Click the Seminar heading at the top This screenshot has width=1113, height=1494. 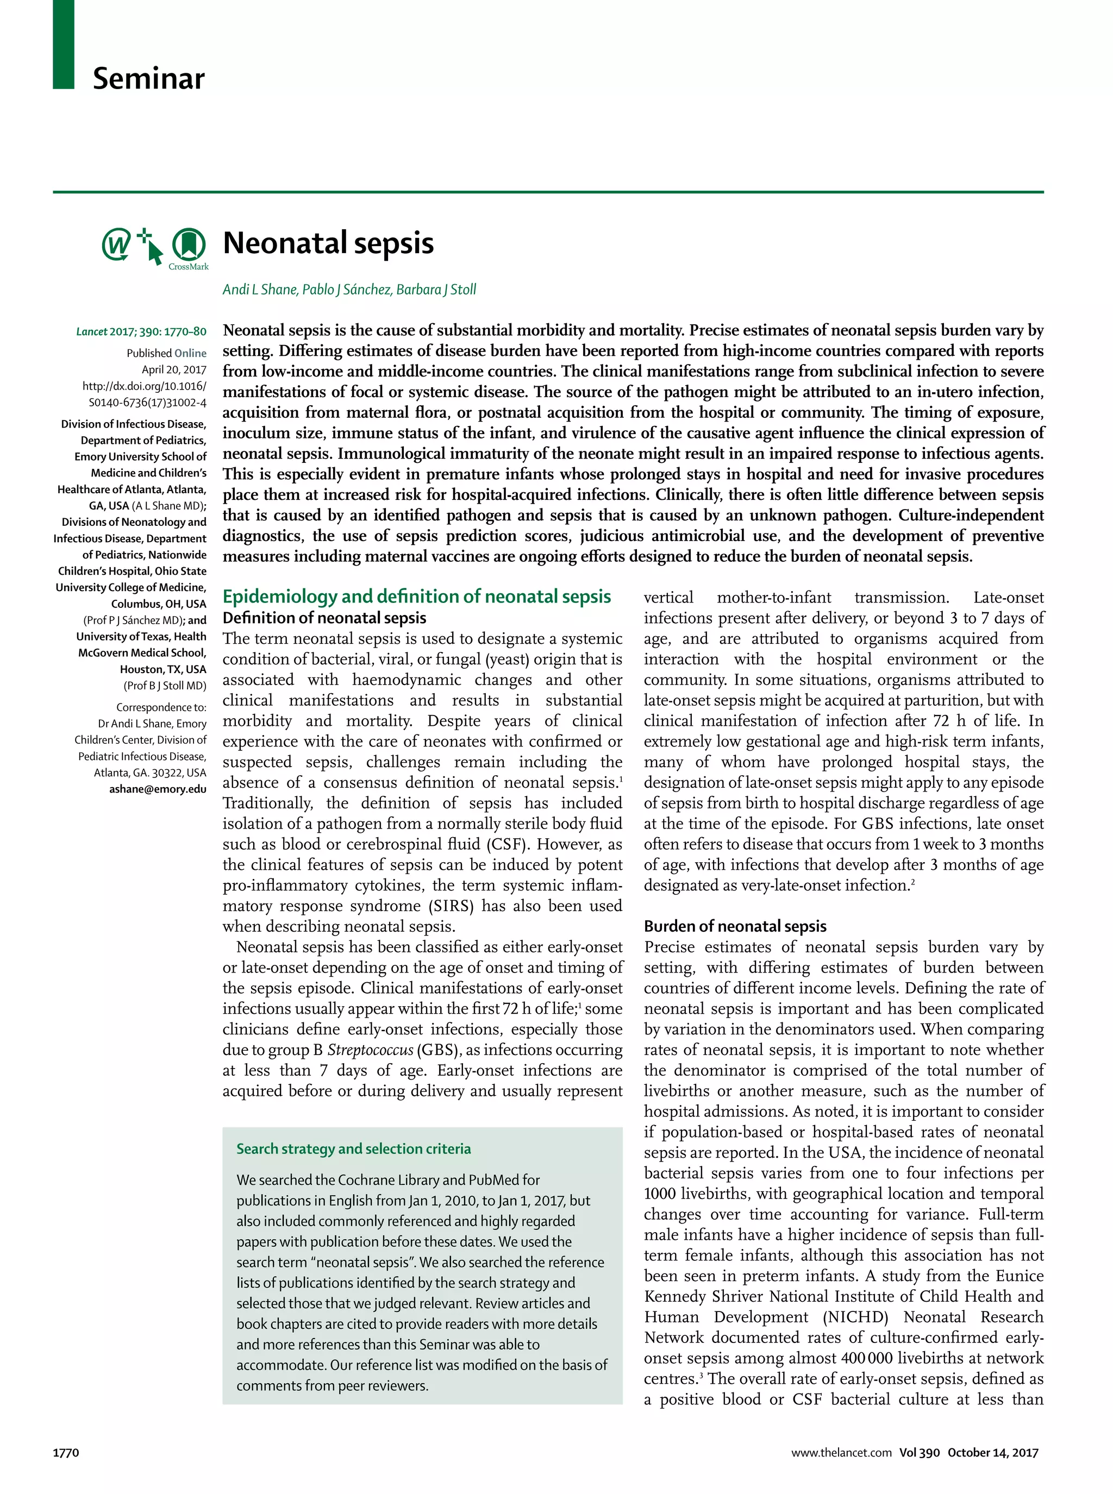148,79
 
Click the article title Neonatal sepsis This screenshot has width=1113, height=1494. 328,243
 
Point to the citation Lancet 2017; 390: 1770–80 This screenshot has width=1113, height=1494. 141,331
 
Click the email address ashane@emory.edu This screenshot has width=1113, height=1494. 158,789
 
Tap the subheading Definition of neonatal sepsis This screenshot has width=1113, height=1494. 324,618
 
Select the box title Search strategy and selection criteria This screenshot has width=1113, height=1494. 353,1148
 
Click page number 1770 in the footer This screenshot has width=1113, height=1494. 66,1453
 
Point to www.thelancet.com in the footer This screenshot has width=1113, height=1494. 841,1453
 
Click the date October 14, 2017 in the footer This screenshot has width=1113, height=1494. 992,1453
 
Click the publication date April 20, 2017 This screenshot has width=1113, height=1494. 174,369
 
